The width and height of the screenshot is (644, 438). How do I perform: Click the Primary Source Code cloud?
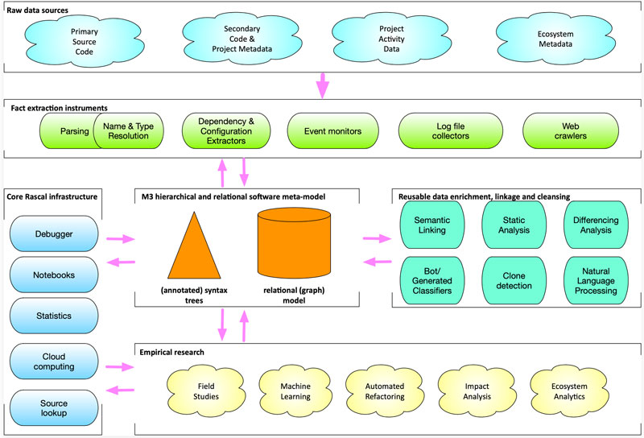pyautogui.click(x=85, y=42)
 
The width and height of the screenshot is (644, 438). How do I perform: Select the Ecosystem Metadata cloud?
pyautogui.click(x=555, y=39)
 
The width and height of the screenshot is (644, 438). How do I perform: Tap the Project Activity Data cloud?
pyautogui.click(x=391, y=39)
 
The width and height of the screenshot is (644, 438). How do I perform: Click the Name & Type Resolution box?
pyautogui.click(x=129, y=131)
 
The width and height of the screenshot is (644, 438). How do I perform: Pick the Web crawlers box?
pyautogui.click(x=571, y=131)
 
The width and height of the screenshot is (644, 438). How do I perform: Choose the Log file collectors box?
pyautogui.click(x=451, y=131)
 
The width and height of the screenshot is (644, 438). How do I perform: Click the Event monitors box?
pyautogui.click(x=332, y=131)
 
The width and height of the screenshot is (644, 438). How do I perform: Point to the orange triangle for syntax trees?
pyautogui.click(x=194, y=246)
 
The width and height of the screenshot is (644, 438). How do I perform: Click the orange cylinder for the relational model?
pyautogui.click(x=294, y=243)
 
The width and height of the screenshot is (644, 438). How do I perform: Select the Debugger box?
pyautogui.click(x=54, y=233)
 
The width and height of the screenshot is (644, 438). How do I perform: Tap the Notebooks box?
pyautogui.click(x=54, y=275)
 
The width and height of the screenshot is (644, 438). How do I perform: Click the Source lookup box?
pyautogui.click(x=54, y=408)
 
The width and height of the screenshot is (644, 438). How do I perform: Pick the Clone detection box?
pyautogui.click(x=514, y=281)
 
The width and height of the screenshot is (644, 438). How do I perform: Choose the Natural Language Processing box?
pyautogui.click(x=596, y=281)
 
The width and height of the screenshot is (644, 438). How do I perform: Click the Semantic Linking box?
pyautogui.click(x=432, y=225)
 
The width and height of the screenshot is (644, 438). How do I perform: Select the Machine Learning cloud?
pyautogui.click(x=295, y=391)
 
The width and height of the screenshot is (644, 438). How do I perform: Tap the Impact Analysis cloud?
pyautogui.click(x=477, y=391)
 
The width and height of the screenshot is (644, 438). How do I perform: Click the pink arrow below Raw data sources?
pyautogui.click(x=323, y=86)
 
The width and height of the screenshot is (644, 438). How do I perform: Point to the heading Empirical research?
pyautogui.click(x=171, y=352)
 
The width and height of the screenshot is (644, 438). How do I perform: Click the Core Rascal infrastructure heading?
pyautogui.click(x=52, y=196)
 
